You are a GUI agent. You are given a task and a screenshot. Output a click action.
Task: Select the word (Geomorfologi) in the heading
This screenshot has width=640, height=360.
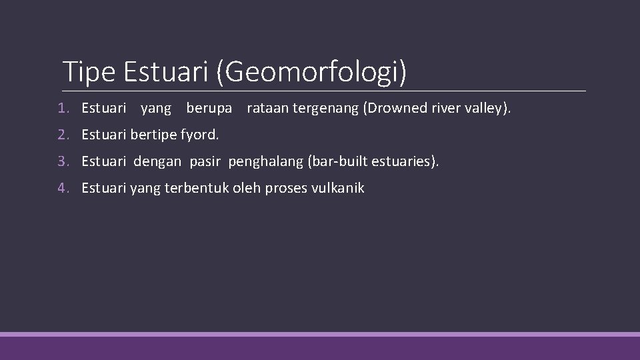311,72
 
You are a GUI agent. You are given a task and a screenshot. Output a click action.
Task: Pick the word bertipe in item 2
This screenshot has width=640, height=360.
155,135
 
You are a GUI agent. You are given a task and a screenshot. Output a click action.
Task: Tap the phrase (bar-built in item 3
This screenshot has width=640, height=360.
326,161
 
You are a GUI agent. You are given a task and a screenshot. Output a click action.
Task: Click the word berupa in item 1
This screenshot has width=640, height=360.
209,109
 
